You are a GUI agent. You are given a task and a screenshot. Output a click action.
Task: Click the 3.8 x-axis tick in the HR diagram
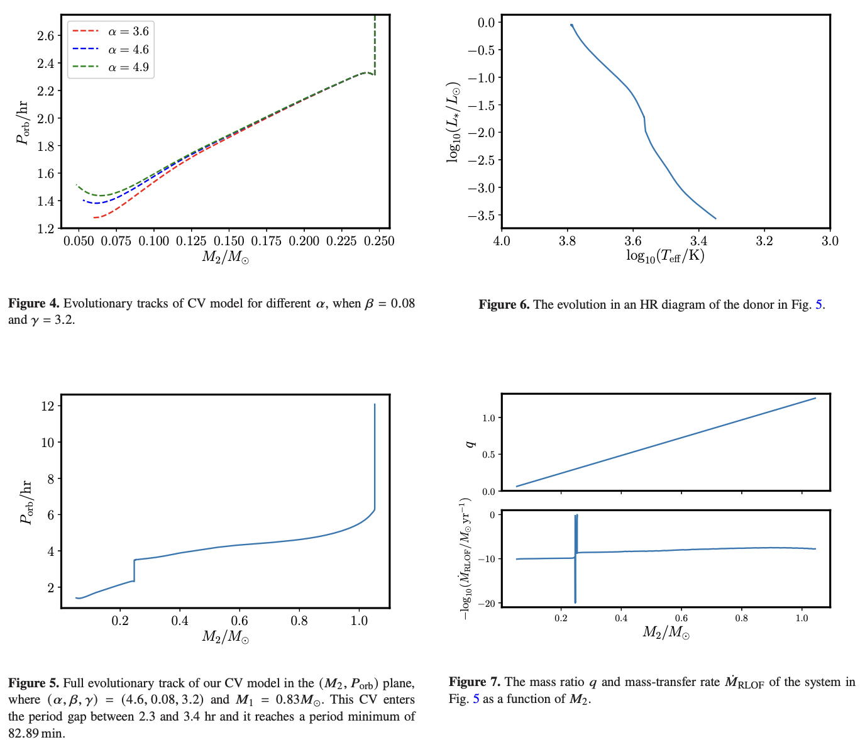(x=567, y=241)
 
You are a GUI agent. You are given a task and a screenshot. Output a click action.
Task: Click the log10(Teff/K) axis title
(x=665, y=256)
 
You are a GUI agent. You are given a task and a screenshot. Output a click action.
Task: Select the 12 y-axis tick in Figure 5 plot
(x=47, y=406)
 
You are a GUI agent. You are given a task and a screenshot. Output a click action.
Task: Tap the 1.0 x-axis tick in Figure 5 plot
(x=359, y=621)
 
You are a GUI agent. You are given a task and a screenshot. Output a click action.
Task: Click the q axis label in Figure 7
(x=468, y=443)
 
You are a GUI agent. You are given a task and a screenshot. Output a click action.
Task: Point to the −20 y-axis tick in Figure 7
(x=484, y=603)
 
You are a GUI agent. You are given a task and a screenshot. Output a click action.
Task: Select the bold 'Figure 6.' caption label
(x=504, y=305)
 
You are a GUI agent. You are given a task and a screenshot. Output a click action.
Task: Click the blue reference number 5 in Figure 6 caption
(x=818, y=305)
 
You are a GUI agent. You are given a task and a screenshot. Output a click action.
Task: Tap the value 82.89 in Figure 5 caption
(x=24, y=733)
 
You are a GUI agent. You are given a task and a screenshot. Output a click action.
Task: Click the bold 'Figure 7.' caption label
(x=475, y=682)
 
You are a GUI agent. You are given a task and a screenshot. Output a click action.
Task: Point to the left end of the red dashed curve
(x=94, y=218)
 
